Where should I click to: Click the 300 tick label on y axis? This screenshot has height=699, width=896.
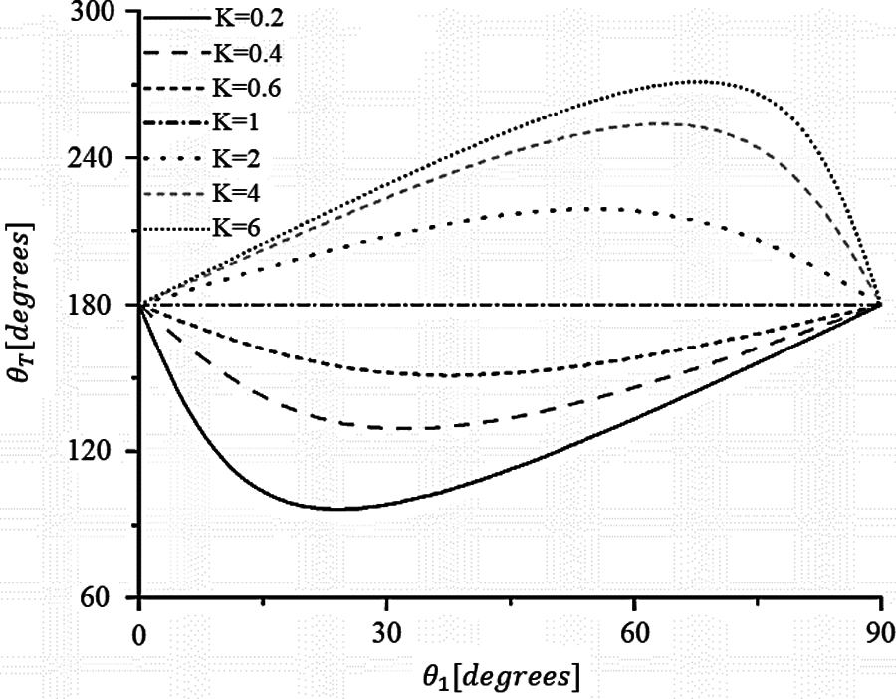tap(96, 13)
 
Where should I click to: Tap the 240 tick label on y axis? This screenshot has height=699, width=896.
tap(96, 158)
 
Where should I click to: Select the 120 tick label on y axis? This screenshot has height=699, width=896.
tap(96, 451)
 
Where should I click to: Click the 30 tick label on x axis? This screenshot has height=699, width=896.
tap(386, 634)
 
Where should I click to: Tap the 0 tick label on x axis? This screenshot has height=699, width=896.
tap(139, 634)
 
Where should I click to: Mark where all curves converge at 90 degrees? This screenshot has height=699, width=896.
tap(881, 304)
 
